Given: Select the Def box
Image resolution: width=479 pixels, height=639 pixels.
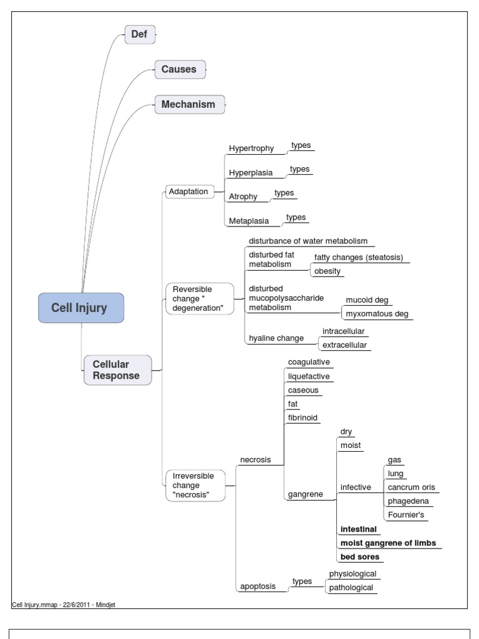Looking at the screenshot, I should [139, 34].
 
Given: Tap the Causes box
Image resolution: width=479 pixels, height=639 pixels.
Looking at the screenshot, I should [179, 69].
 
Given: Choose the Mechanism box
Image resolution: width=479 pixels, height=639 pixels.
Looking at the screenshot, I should [188, 104].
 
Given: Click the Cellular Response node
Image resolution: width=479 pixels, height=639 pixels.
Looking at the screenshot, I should [117, 370].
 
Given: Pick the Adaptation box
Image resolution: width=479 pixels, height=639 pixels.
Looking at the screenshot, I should [188, 192].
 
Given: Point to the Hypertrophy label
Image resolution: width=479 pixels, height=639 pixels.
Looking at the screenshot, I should [251, 149].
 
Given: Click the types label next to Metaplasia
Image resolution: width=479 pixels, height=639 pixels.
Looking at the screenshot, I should [296, 217].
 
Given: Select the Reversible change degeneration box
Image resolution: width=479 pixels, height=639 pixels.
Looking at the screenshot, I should [198, 299].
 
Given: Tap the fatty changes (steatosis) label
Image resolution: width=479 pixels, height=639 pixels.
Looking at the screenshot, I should [359, 258].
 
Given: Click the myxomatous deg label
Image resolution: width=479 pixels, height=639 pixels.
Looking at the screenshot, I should [377, 314].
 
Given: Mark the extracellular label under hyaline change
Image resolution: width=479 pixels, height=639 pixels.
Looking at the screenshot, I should [344, 345].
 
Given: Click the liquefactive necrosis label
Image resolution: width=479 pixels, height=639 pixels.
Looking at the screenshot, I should [309, 376].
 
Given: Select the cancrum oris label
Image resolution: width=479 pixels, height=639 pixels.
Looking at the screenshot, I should [412, 487].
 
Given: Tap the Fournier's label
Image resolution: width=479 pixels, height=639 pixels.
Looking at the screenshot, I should [407, 515].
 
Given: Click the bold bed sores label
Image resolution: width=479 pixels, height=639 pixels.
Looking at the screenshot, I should [360, 557].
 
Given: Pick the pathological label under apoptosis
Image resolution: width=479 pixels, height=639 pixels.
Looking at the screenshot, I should [352, 588].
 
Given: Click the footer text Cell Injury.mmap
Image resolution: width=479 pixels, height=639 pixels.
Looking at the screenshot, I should [35, 605].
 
